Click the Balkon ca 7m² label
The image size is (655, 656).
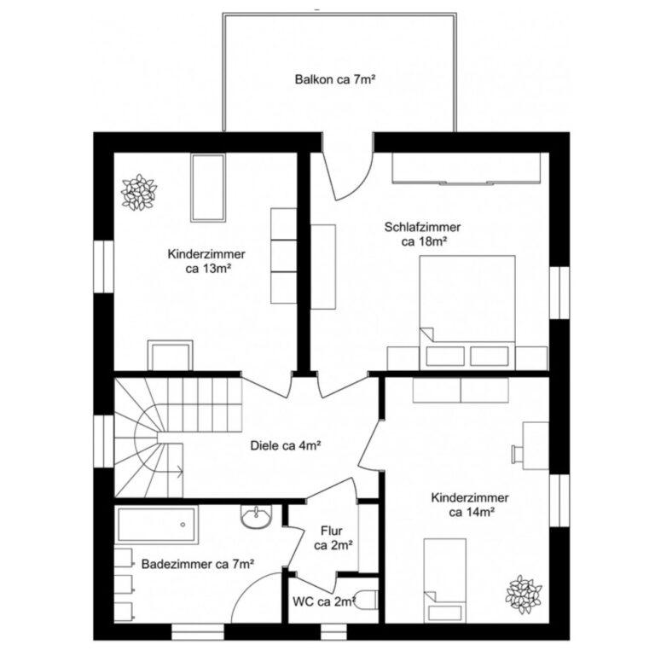click(335, 80)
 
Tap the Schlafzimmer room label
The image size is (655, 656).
click(422, 235)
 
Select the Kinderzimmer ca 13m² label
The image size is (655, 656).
click(207, 261)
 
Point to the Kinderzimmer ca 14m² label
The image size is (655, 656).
click(470, 505)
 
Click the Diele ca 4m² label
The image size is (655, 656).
click(285, 445)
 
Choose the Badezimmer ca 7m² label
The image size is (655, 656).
click(198, 564)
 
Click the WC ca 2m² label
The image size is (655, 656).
click(322, 601)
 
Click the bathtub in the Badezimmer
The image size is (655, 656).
click(157, 524)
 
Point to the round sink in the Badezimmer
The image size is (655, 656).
click(255, 517)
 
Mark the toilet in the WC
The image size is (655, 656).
click(365, 600)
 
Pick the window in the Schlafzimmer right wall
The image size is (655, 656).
click(559, 292)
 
